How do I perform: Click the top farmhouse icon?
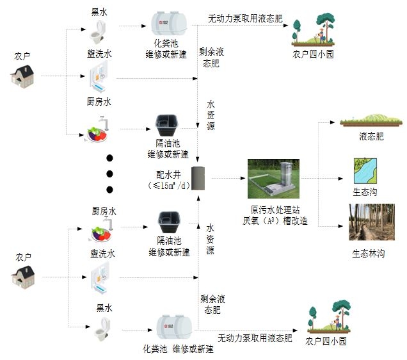(22, 77)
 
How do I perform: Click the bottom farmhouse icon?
(22, 277)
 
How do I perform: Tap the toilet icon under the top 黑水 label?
(99, 29)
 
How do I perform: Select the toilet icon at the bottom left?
(101, 331)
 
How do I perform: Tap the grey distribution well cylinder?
(199, 179)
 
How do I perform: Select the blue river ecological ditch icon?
(365, 170)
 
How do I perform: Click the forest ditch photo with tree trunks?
(371, 222)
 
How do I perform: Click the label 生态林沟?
(367, 253)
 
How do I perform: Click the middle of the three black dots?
(109, 174)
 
